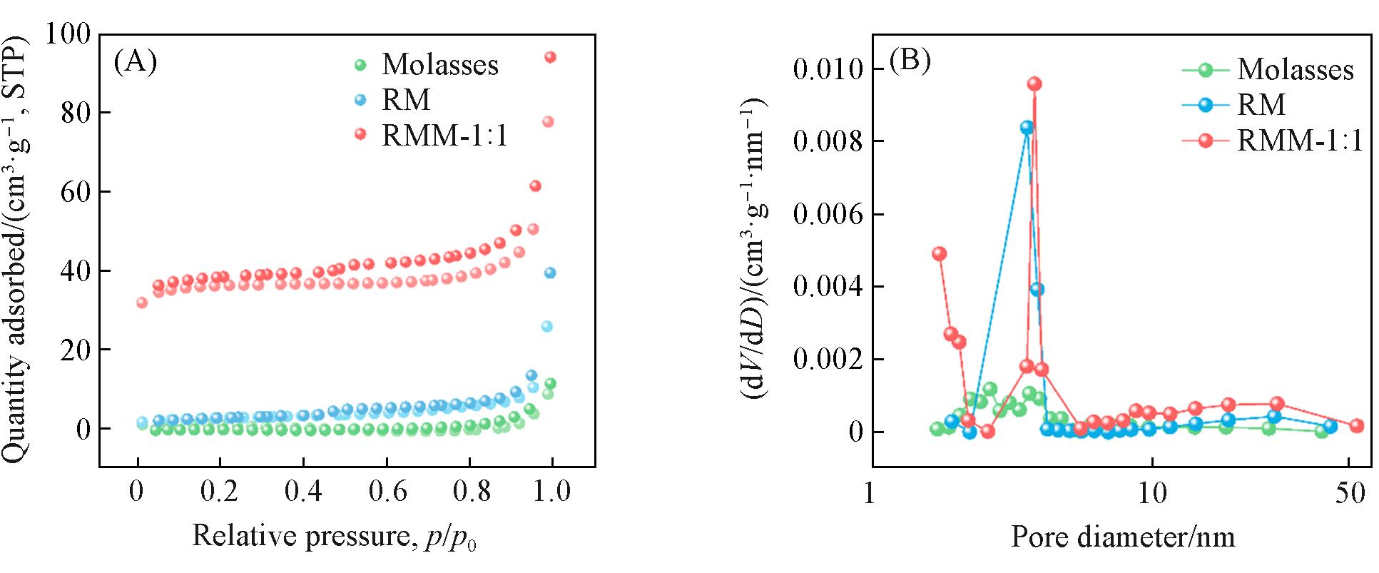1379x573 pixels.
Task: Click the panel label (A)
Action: tap(135, 63)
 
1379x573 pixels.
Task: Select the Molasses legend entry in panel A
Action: tap(439, 65)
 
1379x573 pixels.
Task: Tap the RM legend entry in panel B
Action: tap(1261, 105)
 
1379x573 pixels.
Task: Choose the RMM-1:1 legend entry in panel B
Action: tap(1299, 141)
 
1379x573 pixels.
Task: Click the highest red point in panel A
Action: tap(550, 58)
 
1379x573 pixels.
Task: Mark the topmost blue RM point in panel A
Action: tap(549, 273)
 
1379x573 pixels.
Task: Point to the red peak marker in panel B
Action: tap(1034, 84)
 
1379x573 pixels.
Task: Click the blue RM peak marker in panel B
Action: tap(1027, 128)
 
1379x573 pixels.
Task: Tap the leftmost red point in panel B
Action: tap(940, 253)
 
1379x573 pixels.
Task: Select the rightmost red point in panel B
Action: tap(1356, 425)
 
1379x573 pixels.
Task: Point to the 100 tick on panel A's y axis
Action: tap(68, 34)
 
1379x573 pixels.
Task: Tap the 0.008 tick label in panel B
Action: tap(828, 141)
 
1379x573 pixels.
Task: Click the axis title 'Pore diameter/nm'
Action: tap(1123, 537)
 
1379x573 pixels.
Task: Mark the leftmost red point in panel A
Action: tap(142, 303)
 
